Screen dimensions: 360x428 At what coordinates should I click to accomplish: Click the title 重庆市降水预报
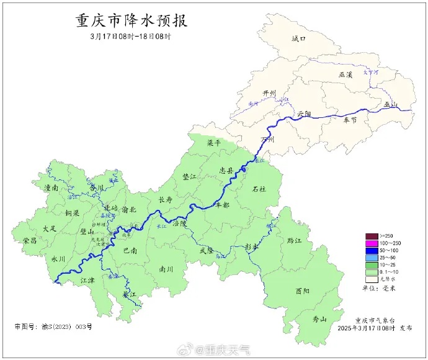point(131,20)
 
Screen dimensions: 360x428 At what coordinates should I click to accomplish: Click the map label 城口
point(299,38)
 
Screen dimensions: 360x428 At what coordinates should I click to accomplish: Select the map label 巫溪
point(346,74)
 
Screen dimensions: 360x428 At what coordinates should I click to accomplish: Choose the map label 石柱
point(259,188)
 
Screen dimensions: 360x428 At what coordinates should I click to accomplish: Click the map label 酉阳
point(303,290)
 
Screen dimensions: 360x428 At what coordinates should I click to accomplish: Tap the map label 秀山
point(319,319)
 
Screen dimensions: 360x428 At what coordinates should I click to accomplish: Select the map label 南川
point(166,269)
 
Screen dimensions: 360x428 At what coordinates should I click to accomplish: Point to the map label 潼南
point(51,187)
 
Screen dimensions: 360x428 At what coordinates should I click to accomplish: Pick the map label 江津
point(88,281)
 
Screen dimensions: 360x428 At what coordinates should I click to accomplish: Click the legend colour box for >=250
point(372,236)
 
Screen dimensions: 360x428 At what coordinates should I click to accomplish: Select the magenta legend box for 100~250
point(372,243)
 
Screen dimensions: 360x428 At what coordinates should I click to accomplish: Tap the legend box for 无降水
point(372,279)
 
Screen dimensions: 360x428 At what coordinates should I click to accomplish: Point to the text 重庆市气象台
point(375,319)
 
